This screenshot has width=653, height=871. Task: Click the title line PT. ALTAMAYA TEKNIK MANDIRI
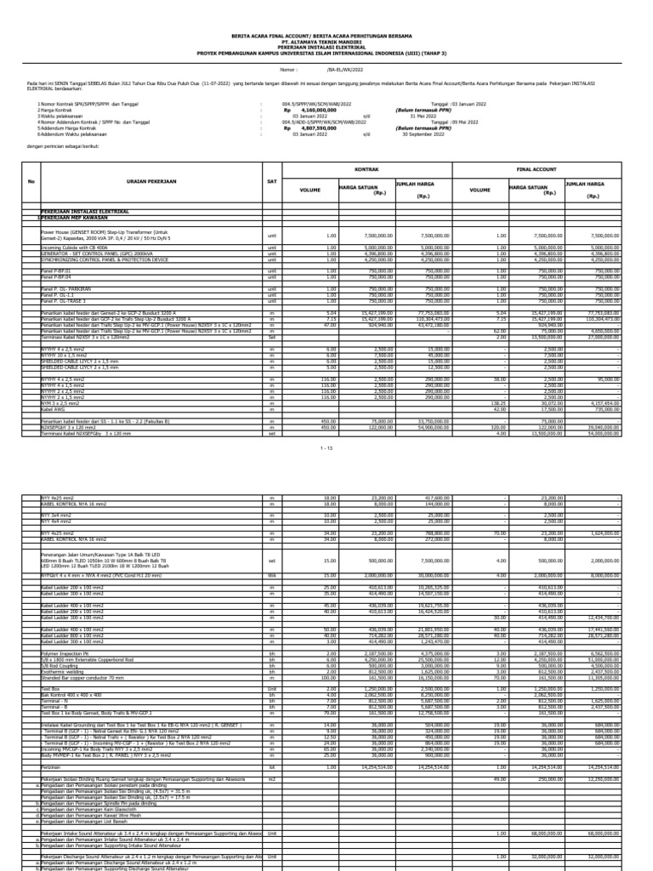pyautogui.click(x=326, y=42)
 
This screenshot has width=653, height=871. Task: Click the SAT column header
pyautogui.click(x=272, y=181)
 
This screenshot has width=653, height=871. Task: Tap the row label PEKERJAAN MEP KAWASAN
pyautogui.click(x=81, y=219)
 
